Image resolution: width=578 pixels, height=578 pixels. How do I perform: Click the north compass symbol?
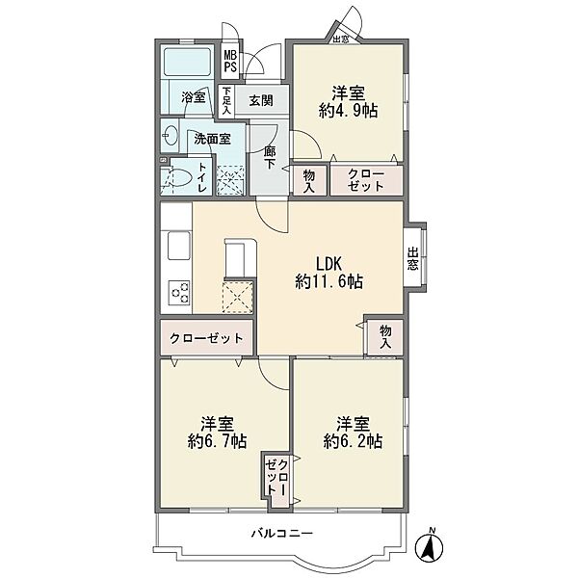429,545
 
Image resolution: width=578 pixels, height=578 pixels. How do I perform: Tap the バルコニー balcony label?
282,533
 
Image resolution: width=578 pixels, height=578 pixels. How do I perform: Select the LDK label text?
328,264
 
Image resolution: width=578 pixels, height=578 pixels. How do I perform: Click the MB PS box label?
230,62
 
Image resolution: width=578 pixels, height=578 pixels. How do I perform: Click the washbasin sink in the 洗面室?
170,135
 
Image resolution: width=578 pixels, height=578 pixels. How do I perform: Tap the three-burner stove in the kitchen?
179,293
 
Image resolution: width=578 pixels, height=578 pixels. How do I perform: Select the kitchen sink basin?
179,246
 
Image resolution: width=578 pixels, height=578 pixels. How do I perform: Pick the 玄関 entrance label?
261,100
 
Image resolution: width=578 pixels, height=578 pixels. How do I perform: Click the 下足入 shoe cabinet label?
226,100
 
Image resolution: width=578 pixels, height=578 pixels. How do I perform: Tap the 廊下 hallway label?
270,158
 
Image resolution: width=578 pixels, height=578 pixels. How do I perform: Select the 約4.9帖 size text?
349,110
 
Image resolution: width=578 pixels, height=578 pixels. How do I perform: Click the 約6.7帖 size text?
217,441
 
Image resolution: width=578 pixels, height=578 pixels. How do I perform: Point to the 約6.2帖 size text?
353,441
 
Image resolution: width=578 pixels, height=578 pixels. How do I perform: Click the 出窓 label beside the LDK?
413,259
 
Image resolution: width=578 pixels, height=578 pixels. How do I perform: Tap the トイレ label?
202,177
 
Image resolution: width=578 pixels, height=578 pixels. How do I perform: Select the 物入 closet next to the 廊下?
309,181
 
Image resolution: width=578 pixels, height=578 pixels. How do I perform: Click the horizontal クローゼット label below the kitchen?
206,338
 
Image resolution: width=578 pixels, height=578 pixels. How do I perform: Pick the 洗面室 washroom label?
212,139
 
